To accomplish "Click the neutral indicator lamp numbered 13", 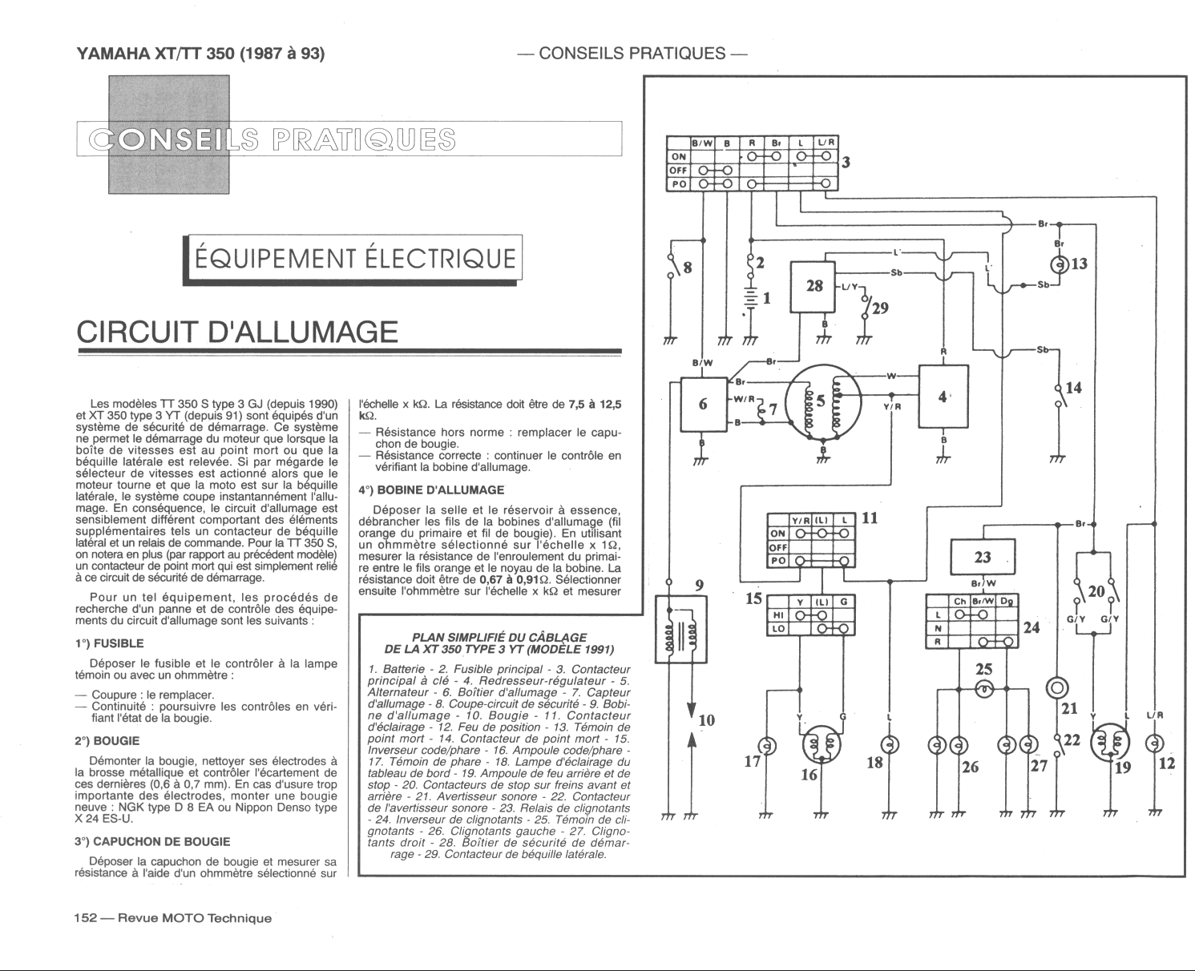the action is (1060, 264).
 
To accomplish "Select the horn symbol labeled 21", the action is (1058, 688).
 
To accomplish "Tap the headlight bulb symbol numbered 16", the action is (821, 746).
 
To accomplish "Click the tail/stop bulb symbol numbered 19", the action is (1110, 742).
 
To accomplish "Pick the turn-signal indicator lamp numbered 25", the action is (983, 689).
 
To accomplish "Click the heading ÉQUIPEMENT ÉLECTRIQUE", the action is (354, 259).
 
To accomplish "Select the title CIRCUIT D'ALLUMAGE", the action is (236, 332).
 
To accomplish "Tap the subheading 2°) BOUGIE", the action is (107, 740).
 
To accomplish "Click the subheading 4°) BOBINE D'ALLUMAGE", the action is (431, 490).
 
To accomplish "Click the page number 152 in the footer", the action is (85, 918).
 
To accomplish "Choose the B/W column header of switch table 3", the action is (702, 143).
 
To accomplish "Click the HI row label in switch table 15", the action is (778, 615).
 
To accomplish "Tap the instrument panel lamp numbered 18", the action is (890, 744).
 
